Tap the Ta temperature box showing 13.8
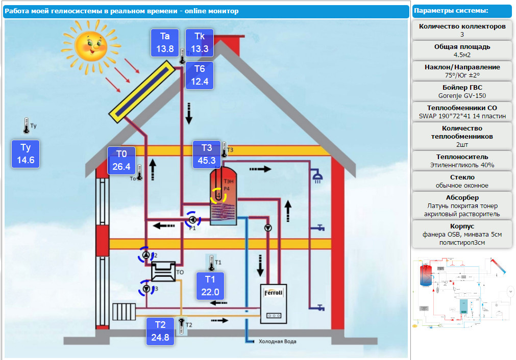(165, 43)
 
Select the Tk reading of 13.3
(200, 43)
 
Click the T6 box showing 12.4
(200, 75)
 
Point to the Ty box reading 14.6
(26, 153)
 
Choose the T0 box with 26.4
(121, 160)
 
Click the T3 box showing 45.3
(206, 154)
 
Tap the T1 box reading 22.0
(210, 286)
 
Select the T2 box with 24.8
(160, 331)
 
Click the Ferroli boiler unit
(274, 303)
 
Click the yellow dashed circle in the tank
(219, 195)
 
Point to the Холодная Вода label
(277, 342)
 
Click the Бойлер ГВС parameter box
(462, 91)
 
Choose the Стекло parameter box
(462, 181)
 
